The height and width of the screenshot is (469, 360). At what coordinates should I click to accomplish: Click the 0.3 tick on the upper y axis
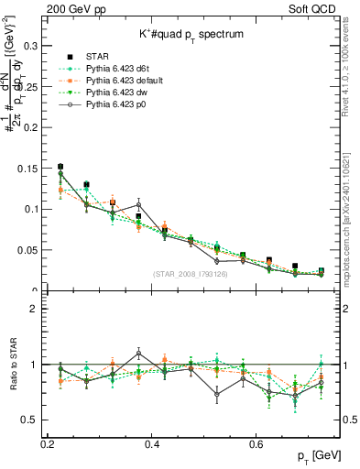click(x=33, y=45)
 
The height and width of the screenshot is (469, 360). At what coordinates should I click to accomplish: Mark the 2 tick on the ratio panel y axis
click(x=38, y=309)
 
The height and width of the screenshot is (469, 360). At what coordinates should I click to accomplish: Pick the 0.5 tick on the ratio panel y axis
click(x=33, y=420)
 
